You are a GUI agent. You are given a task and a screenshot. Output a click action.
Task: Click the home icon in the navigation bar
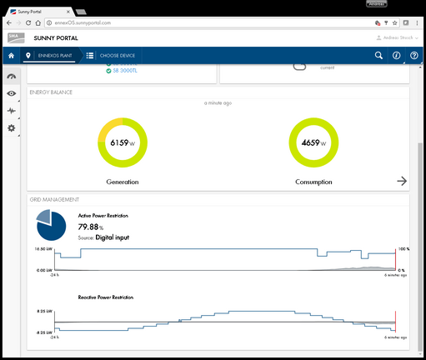pos(12,56)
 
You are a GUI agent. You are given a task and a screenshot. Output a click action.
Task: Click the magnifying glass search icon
pos(378,56)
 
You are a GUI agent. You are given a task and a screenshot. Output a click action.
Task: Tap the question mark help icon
pos(413,56)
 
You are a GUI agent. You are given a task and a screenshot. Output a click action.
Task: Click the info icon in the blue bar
pos(396,56)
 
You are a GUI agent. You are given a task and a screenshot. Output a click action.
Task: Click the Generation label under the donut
pos(122,181)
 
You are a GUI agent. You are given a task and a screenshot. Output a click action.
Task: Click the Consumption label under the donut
pos(313,181)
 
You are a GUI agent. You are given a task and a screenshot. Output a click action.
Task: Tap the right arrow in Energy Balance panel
pos(402,181)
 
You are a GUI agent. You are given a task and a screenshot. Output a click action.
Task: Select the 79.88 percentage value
pos(92,227)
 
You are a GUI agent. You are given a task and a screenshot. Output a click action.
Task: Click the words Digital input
pos(113,237)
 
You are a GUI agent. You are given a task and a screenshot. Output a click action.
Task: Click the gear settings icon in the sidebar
pos(12,128)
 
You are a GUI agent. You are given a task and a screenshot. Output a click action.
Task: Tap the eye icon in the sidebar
pos(12,93)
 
